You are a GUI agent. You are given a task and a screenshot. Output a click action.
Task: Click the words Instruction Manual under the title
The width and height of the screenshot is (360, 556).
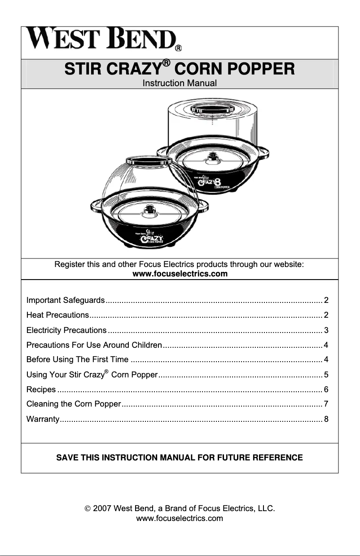point(180,83)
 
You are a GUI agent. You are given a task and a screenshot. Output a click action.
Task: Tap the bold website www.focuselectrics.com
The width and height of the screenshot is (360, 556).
point(180,274)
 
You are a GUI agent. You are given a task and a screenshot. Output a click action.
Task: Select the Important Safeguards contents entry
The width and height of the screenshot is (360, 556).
point(66,300)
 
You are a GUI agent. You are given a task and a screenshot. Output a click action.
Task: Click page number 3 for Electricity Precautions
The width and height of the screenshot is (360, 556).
point(326,330)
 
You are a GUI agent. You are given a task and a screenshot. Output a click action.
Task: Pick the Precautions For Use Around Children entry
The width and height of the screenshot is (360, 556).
point(94,345)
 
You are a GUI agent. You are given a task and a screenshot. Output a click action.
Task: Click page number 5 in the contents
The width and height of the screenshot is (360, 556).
point(326,374)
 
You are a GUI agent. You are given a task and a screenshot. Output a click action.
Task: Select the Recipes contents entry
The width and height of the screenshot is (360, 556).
point(41,389)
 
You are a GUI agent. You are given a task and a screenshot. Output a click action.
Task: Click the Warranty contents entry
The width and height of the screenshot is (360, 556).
point(43,419)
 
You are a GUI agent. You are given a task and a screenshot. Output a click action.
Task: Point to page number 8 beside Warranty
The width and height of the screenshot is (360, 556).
point(326,419)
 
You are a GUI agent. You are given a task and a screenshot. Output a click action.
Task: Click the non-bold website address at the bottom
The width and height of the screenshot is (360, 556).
point(180,519)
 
